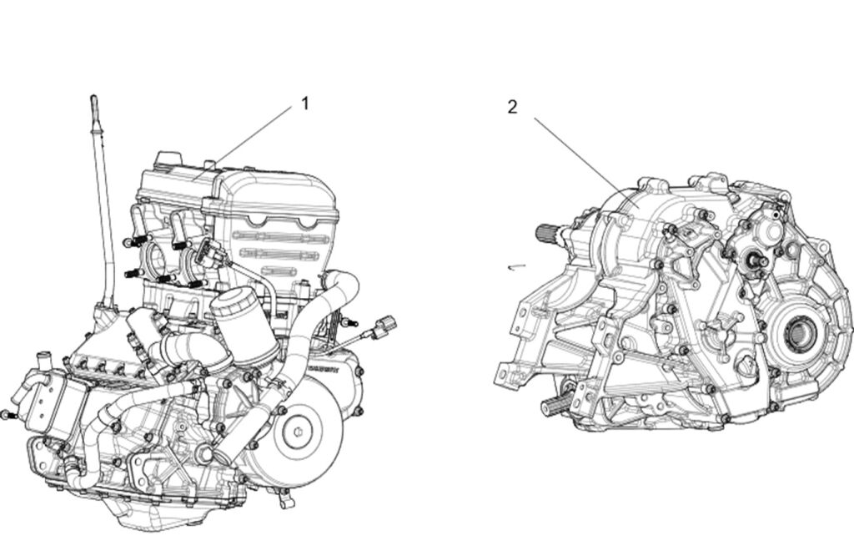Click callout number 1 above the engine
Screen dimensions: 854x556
click(305, 103)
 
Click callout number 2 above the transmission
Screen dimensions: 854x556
click(512, 107)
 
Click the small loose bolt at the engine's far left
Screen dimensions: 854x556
click(7, 415)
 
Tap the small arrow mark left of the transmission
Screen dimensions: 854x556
click(517, 266)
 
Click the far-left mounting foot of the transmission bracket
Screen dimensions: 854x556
click(504, 376)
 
